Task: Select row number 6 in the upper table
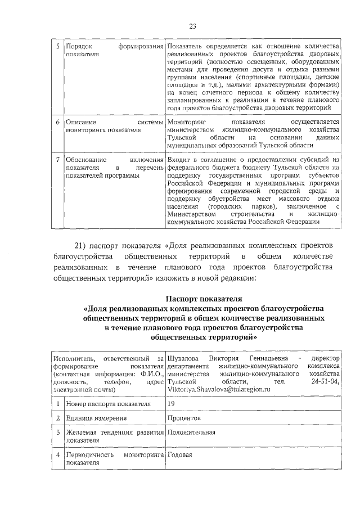[58, 121]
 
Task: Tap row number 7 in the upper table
[58, 160]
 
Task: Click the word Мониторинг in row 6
[187, 121]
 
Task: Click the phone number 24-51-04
[326, 382]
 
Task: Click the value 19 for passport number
[171, 403]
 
